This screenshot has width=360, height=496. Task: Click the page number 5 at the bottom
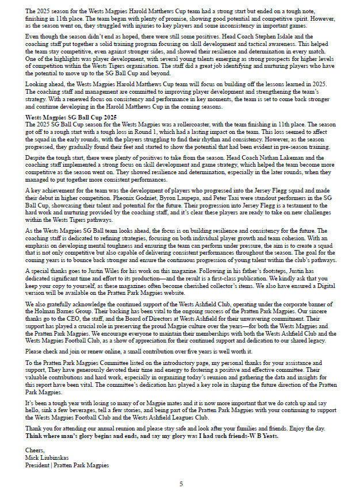[x=181, y=484]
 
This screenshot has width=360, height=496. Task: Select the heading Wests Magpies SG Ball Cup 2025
[x=71, y=117]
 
